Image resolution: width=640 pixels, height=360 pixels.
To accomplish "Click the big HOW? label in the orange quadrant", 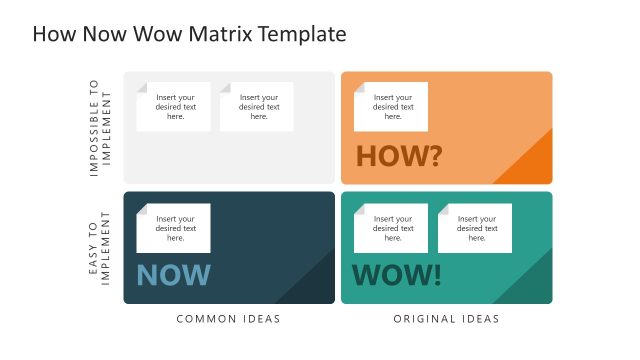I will point(398,155).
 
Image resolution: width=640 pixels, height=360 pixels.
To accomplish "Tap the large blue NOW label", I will point(173,275).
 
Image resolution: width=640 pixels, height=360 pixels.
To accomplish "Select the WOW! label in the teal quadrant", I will point(397,275).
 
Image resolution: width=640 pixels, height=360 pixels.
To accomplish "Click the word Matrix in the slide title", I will point(218,34).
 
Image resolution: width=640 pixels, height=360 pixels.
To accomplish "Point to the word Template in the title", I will point(303,34).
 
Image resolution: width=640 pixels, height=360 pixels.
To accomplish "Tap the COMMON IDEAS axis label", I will point(228,319).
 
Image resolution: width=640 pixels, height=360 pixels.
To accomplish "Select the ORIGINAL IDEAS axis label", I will point(447,319).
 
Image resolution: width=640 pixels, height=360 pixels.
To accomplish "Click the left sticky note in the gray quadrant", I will point(174,107).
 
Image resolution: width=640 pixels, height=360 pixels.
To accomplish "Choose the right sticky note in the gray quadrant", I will point(257,107).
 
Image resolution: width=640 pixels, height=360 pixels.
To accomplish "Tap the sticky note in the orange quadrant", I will point(391,107).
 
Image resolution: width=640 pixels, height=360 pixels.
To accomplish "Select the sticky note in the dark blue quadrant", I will point(174,228).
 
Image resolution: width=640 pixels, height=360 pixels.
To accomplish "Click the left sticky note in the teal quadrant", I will point(391,228).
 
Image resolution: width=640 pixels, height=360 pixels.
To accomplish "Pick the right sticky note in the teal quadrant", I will point(475,228).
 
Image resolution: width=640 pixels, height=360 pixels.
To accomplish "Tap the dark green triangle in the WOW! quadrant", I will point(532,285).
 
